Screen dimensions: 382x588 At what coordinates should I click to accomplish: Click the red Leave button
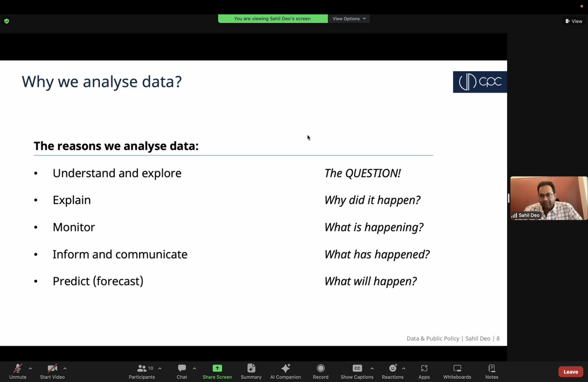tap(570, 372)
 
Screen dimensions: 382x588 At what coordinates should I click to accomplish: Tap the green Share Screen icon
tap(217, 368)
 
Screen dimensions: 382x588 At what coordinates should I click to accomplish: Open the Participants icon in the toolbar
tap(142, 368)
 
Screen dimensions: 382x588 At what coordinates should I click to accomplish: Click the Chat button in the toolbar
tap(182, 368)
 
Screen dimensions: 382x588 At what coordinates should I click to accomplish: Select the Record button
tap(320, 368)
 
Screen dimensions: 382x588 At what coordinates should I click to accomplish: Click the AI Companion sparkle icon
tap(286, 368)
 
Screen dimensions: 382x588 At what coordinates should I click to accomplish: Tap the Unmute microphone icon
tap(18, 368)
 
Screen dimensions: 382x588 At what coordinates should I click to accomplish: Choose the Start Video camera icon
tap(52, 368)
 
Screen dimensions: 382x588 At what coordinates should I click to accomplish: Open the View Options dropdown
tap(349, 19)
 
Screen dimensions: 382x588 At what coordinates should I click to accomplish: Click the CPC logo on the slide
tap(480, 82)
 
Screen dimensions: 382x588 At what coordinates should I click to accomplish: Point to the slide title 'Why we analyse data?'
tap(101, 81)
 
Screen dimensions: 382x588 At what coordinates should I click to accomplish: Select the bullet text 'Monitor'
tap(73, 227)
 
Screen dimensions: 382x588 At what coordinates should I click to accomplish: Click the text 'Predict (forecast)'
tap(98, 281)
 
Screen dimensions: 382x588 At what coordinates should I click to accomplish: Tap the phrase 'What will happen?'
tap(370, 281)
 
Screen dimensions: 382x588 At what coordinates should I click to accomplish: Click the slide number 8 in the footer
tap(498, 338)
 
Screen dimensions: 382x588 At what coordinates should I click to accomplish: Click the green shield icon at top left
tap(6, 21)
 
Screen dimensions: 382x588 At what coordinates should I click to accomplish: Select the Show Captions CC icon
tap(357, 368)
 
